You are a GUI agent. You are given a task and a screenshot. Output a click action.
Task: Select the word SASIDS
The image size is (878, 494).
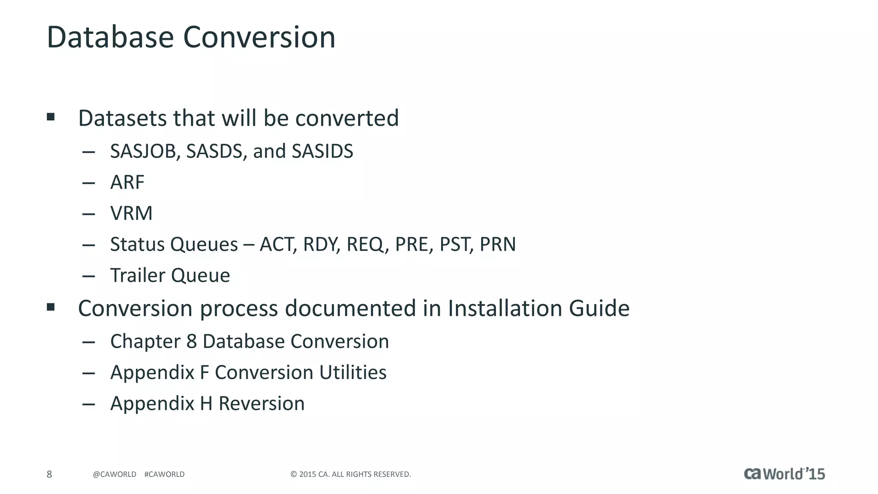322,151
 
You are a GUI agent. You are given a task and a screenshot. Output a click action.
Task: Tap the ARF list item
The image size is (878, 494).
127,183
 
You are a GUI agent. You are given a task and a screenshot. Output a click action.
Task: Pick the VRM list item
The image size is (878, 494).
131,214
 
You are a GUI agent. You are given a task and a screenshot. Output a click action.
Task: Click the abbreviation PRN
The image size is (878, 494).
498,245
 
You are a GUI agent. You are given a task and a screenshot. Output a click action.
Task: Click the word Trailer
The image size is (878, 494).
138,276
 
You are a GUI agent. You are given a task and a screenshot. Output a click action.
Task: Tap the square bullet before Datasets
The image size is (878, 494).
51,117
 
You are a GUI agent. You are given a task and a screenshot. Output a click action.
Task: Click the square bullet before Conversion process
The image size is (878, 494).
51,307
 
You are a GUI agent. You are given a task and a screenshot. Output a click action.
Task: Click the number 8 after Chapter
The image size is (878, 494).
192,342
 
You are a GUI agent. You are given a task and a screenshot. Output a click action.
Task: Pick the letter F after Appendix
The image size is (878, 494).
204,373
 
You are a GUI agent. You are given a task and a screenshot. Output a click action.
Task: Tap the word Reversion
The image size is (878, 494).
262,404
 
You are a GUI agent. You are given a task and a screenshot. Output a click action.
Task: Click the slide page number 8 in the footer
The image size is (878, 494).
49,474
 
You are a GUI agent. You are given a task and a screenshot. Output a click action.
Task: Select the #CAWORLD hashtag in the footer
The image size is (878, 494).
165,474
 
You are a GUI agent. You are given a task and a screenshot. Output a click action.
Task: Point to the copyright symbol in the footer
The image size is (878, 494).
294,474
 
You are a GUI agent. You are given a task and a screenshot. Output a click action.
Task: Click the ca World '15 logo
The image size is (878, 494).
784,474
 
